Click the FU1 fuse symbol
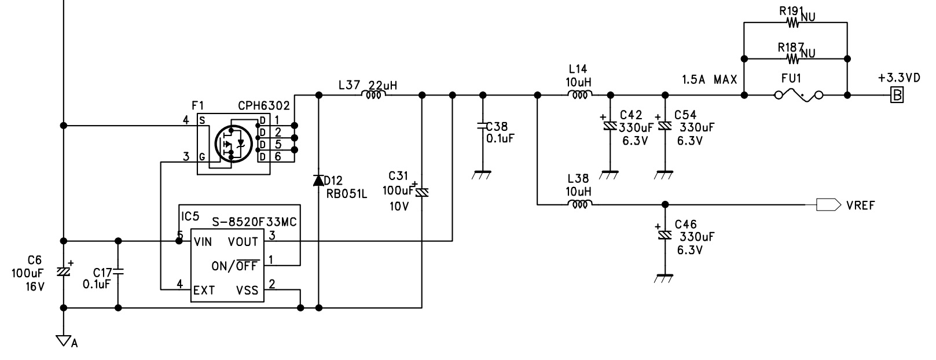(799, 95)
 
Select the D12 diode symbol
(318, 181)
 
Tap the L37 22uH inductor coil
(373, 95)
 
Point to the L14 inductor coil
(580, 95)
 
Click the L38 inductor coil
(580, 205)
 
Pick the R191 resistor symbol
(793, 23)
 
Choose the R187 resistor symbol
(793, 59)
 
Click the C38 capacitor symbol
(483, 125)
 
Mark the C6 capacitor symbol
(64, 271)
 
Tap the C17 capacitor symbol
(118, 272)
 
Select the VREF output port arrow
(828, 205)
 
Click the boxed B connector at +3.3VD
(897, 95)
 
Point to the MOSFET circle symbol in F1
(234, 144)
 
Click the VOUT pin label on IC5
(243, 242)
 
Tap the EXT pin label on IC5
(204, 290)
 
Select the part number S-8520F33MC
(254, 222)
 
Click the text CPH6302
(264, 106)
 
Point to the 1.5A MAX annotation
(710, 79)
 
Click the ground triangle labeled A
(64, 340)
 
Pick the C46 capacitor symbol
(665, 235)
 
